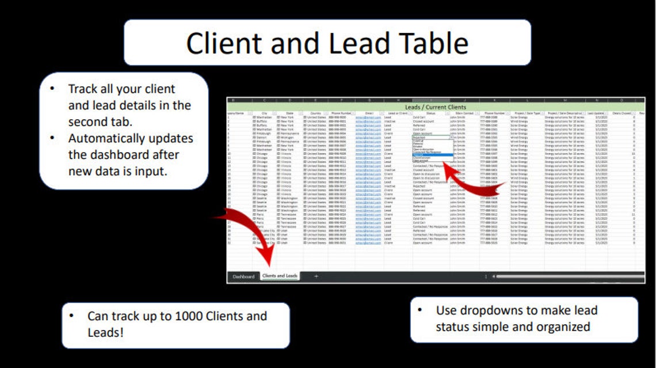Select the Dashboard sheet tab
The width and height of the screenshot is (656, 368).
(x=243, y=277)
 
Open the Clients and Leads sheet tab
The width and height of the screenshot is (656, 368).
(x=280, y=276)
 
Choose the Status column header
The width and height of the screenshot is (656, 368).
(x=430, y=113)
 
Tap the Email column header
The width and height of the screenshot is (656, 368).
(x=368, y=113)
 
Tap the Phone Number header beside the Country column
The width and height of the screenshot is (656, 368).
(x=340, y=113)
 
